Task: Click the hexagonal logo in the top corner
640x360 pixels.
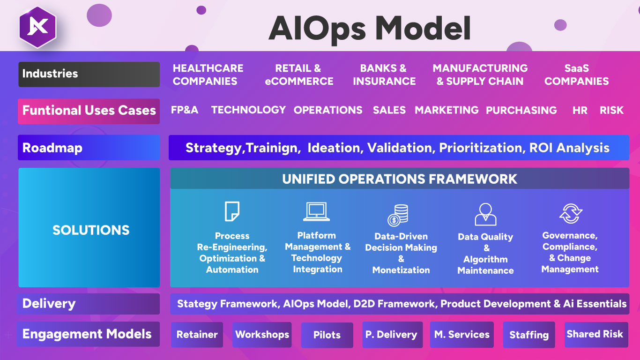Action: coord(37,27)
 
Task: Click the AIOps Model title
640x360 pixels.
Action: coord(369,28)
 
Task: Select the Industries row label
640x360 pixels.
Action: coord(89,74)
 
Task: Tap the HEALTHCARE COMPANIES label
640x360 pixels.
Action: coord(208,75)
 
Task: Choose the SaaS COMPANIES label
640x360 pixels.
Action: coord(576,75)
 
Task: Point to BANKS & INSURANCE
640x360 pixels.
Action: coord(384,75)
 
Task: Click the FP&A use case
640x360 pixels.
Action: coord(185,110)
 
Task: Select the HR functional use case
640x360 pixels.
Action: coord(580,110)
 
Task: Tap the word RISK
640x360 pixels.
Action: coord(611,110)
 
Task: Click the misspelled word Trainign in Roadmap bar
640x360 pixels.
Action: coord(272,148)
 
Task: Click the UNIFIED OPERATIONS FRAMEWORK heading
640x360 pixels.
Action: coord(399,179)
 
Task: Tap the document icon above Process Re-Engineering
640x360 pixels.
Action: coord(232,211)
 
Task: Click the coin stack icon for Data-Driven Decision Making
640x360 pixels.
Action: coord(398,216)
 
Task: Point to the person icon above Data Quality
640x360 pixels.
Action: coord(485,214)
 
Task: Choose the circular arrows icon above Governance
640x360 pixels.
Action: coord(570,213)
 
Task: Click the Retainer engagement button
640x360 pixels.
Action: coord(197,335)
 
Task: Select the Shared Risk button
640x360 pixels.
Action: coord(595,334)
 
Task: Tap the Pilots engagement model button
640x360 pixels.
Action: coord(327,335)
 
